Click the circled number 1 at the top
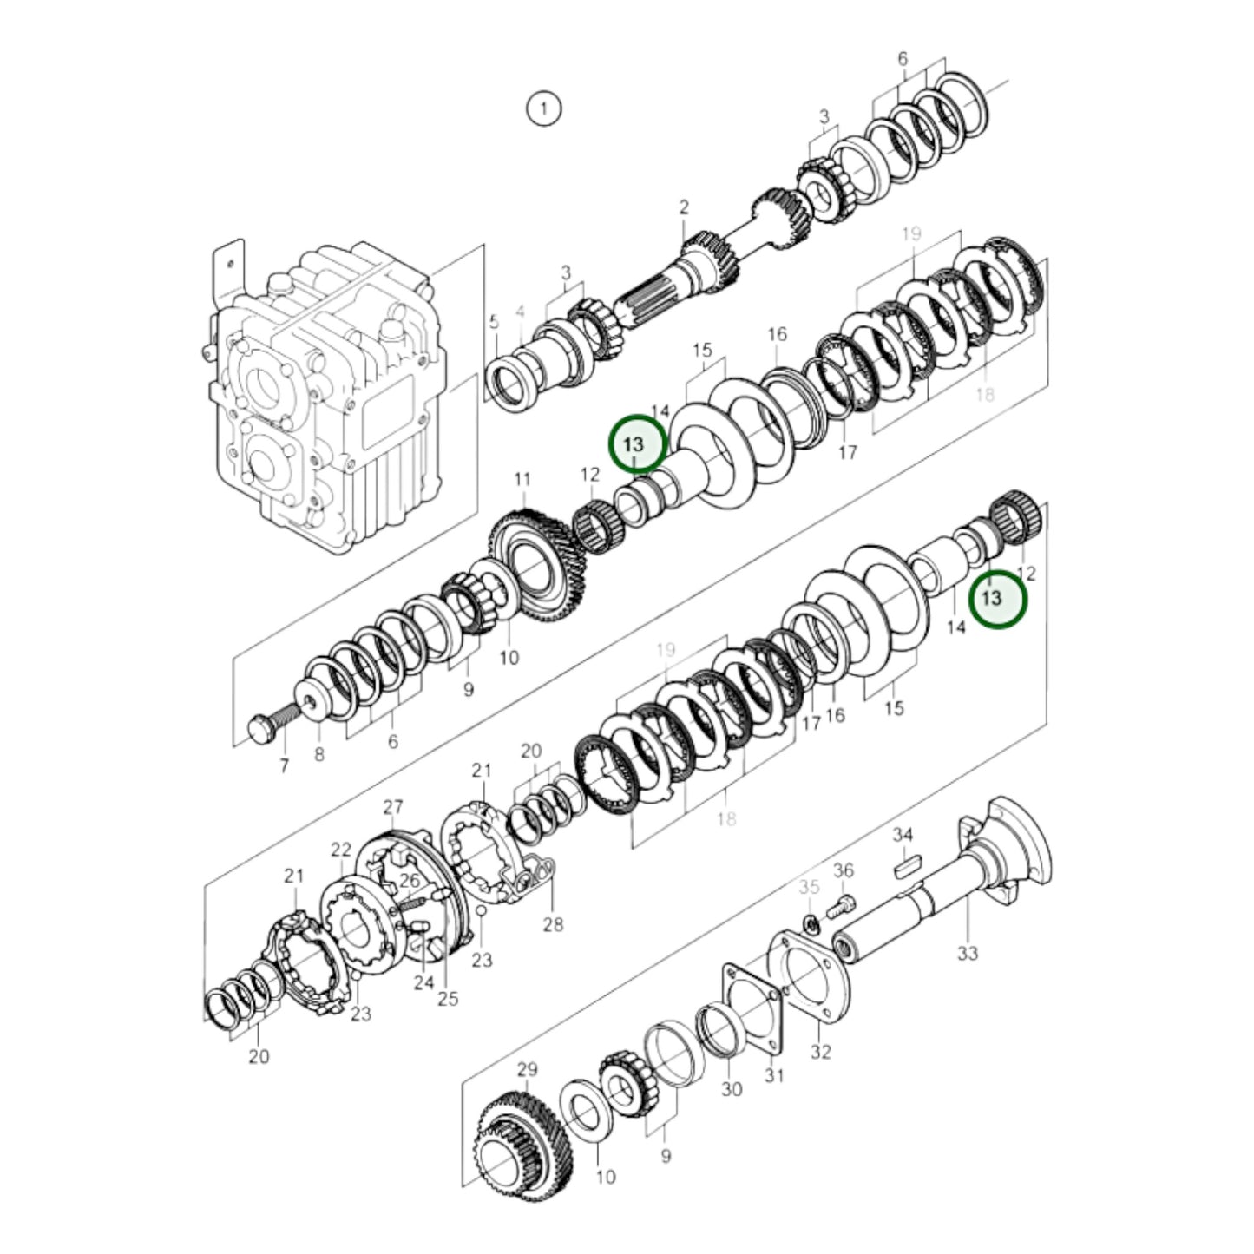point(543,109)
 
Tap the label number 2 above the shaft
point(684,207)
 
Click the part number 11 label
point(522,479)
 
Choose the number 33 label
point(968,953)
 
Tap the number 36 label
point(844,870)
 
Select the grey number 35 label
point(809,887)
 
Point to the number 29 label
point(528,1069)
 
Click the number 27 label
point(393,807)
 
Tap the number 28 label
point(553,924)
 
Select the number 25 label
point(447,999)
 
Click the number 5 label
point(493,323)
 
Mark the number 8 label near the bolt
point(319,755)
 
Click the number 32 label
point(821,1052)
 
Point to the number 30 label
point(732,1088)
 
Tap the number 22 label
point(341,850)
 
